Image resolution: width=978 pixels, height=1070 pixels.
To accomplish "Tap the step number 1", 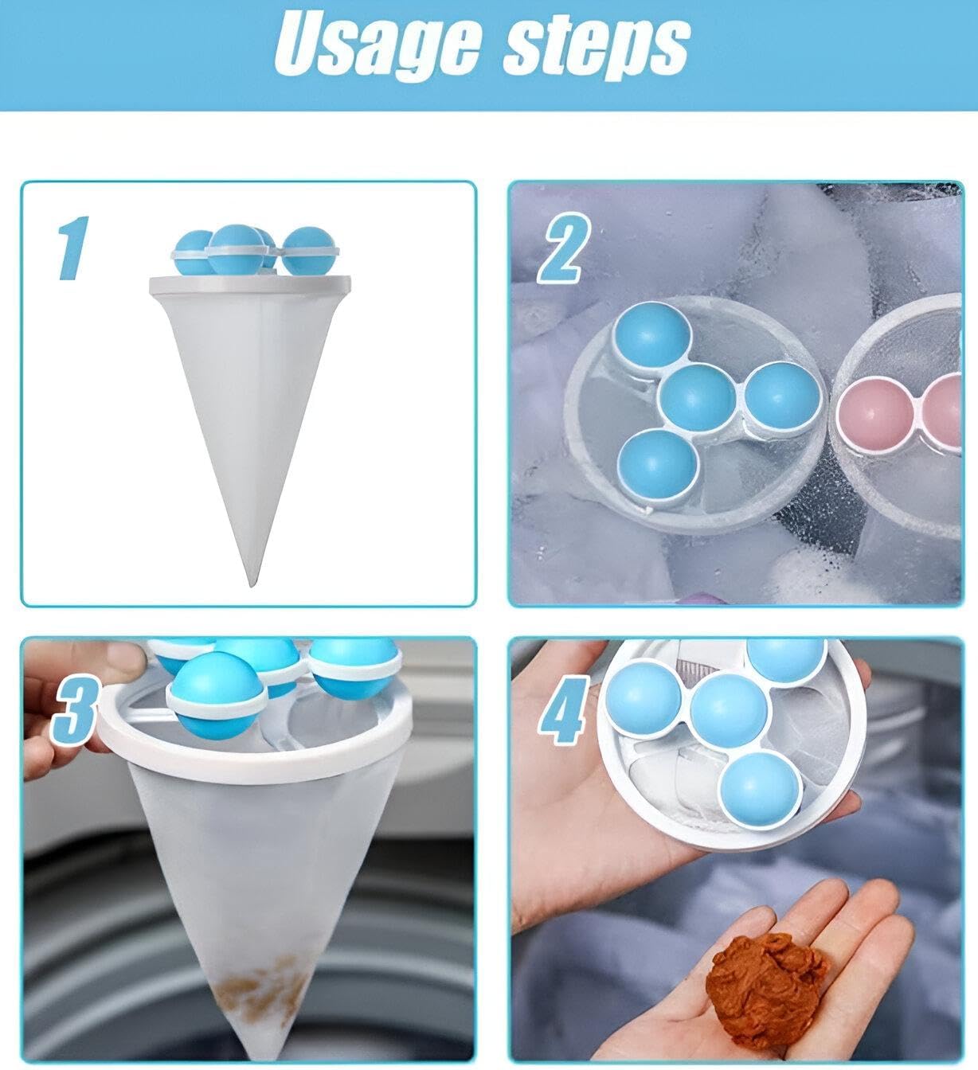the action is click(x=72, y=248).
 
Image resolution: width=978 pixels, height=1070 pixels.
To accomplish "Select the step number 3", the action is click(x=74, y=712).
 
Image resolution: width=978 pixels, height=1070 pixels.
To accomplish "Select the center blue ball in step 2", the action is click(x=697, y=400).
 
